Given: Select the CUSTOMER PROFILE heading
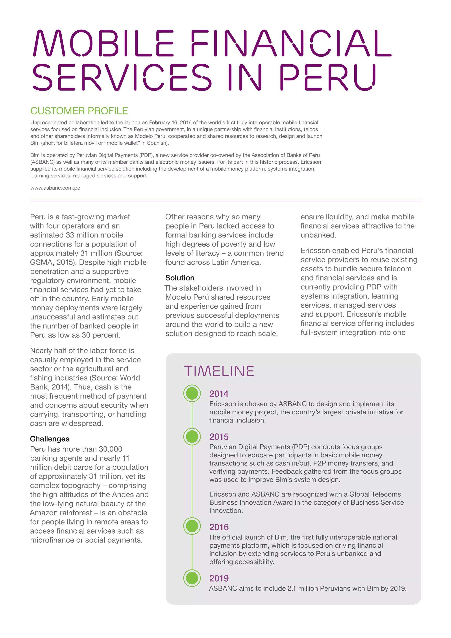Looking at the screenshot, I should (x=79, y=111).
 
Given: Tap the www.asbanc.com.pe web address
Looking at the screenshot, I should (x=55, y=188).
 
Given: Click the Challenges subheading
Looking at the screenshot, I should (x=50, y=439).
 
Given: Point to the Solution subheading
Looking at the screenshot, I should (x=180, y=278).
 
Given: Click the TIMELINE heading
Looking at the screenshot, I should (x=219, y=371).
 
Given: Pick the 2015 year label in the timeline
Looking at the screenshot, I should (x=219, y=437).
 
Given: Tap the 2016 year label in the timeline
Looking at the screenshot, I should (x=219, y=527).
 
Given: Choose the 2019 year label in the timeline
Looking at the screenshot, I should (x=219, y=578).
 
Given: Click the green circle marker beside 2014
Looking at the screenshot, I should (x=192, y=393).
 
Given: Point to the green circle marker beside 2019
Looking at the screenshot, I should (x=192, y=578).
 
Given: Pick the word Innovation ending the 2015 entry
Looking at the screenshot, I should (x=226, y=511).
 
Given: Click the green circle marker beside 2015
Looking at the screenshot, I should (x=192, y=437).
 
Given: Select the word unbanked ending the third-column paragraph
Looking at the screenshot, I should (x=318, y=235).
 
